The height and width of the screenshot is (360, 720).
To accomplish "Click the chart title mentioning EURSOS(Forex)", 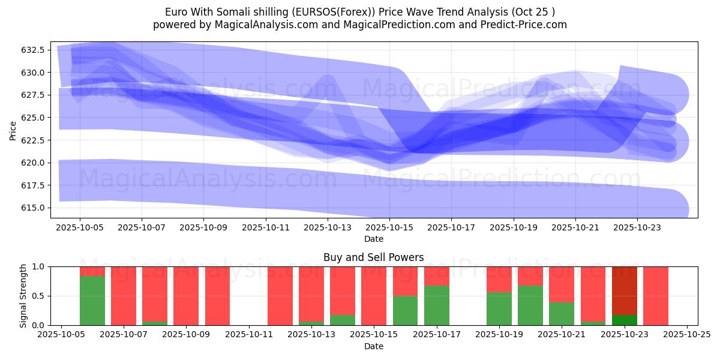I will [359, 12].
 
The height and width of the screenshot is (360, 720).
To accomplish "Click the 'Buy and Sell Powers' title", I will [373, 257].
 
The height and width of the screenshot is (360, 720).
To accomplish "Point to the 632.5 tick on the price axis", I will [33, 50].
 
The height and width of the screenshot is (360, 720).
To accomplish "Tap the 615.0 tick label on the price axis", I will [33, 208].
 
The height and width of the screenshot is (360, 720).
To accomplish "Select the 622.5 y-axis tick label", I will [33, 140].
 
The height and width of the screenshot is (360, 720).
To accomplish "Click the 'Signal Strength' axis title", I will [23, 296].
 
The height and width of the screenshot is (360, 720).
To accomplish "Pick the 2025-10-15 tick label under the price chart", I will [389, 228].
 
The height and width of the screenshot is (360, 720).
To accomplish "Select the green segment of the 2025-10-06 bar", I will [92, 300].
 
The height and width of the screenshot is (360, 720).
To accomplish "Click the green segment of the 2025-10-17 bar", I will [437, 305].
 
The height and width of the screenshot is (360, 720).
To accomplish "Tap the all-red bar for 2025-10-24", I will [656, 296].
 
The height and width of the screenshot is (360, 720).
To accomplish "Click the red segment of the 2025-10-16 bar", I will [405, 281].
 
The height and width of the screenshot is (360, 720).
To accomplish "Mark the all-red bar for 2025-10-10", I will [217, 296].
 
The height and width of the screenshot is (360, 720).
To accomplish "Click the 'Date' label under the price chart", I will [373, 239].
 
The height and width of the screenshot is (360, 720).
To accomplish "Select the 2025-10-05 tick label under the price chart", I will [80, 228].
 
